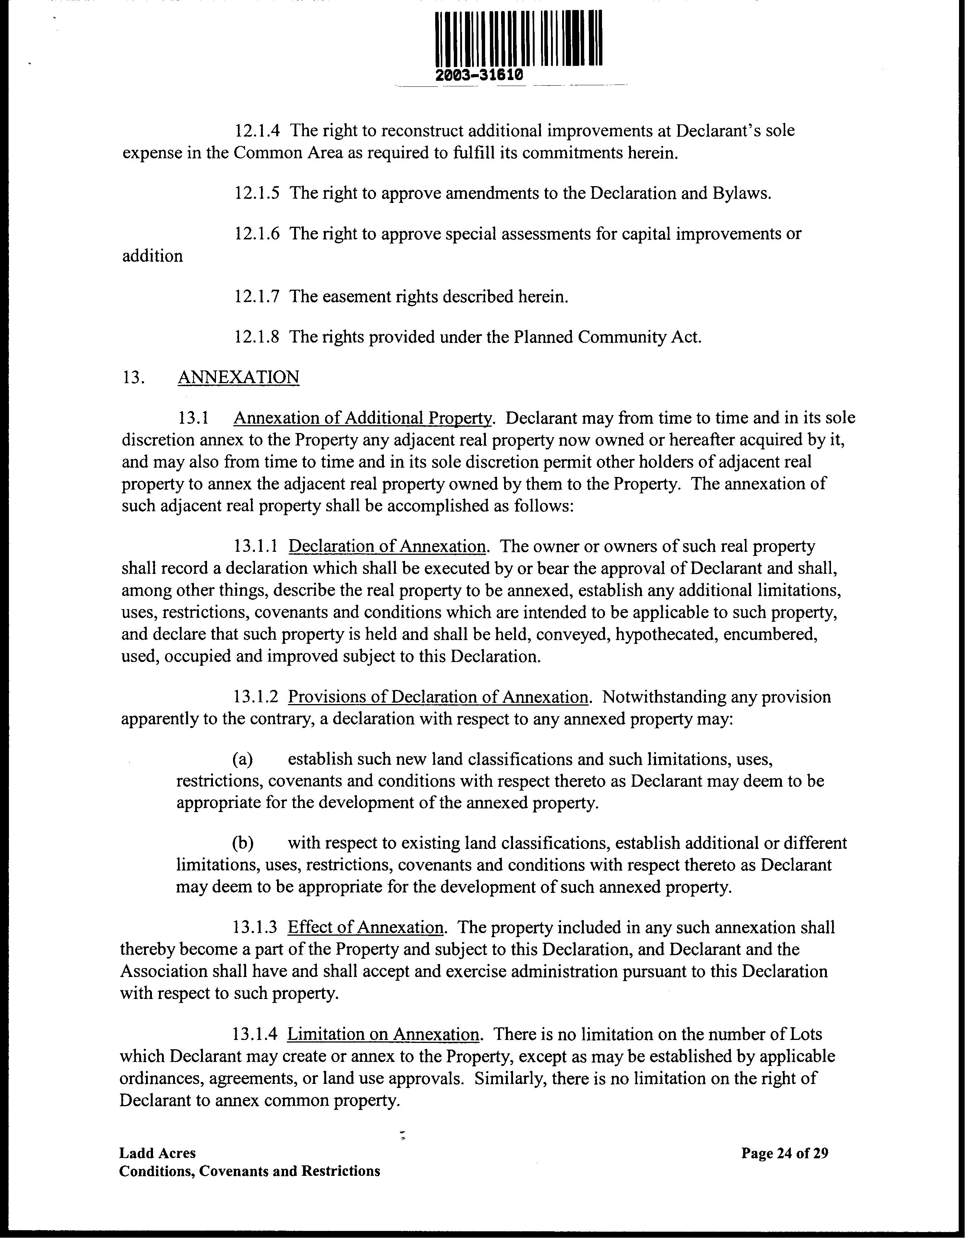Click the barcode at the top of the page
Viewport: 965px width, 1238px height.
tap(519, 39)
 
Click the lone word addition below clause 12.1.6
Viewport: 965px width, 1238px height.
tap(152, 256)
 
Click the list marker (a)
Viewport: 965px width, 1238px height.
tap(242, 759)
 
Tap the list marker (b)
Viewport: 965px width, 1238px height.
tap(242, 843)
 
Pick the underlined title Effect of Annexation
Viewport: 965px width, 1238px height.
tap(366, 928)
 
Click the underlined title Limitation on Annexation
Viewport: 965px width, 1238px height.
tap(383, 1034)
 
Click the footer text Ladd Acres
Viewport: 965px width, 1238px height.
tap(157, 1153)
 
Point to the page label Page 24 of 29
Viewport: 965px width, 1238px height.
tap(785, 1153)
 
